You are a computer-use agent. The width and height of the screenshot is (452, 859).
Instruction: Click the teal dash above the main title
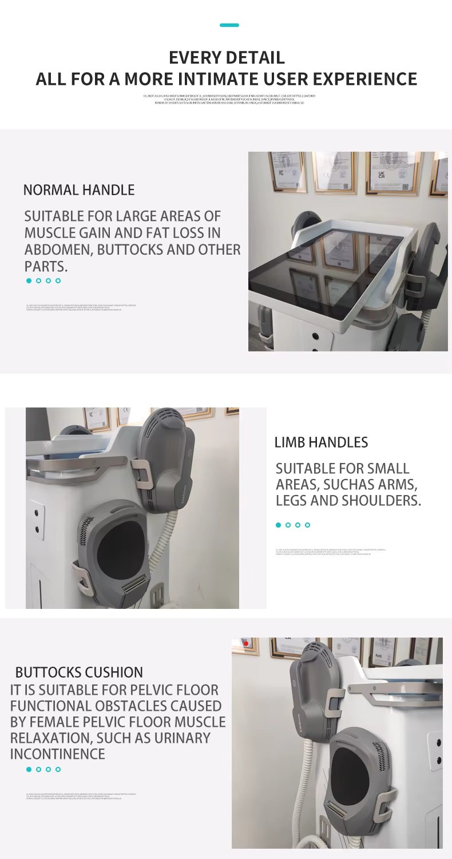click(229, 25)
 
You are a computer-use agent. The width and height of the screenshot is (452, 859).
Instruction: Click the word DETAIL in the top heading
click(256, 58)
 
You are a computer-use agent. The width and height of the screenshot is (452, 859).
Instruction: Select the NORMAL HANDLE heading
click(79, 190)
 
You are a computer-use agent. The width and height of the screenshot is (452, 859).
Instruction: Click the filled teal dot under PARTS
click(29, 280)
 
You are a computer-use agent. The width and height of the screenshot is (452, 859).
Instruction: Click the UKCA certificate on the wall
click(386, 172)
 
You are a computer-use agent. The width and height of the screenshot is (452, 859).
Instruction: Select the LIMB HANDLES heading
click(321, 442)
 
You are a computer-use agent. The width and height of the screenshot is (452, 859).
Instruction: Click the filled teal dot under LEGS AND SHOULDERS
click(279, 525)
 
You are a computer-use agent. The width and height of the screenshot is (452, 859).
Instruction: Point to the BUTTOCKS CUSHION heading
click(79, 672)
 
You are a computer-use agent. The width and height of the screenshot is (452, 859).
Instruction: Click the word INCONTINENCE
click(57, 754)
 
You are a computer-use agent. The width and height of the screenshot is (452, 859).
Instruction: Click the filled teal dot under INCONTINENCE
click(29, 769)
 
